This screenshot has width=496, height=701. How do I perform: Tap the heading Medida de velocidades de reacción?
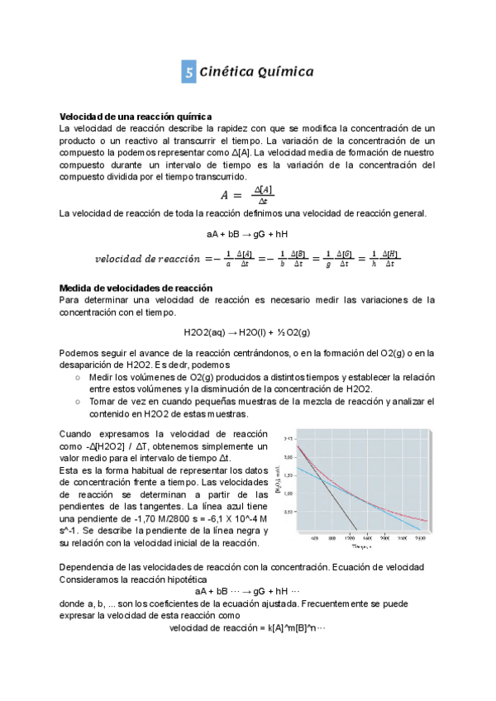tap(136, 288)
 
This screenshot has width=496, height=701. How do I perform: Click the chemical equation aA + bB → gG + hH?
tap(247, 235)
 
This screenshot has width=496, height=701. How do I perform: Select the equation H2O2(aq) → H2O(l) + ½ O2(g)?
tap(247, 332)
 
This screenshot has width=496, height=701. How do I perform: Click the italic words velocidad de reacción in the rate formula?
tap(149, 259)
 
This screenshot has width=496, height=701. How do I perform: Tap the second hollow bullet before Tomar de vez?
tap(77, 401)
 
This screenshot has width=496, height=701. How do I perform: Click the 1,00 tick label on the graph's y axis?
tap(288, 494)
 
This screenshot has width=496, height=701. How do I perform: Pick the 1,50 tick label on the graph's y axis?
tap(288, 475)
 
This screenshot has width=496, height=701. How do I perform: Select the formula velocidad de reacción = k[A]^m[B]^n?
tap(247, 627)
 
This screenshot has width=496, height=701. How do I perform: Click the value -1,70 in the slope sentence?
tap(138, 518)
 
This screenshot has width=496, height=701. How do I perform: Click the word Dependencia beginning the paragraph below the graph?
tap(86, 567)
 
